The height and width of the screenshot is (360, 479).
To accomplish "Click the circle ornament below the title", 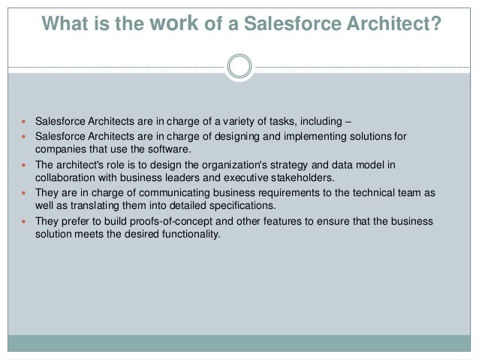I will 239,66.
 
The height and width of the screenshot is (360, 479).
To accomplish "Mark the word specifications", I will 242,205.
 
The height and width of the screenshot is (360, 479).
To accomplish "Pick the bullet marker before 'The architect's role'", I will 25,165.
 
